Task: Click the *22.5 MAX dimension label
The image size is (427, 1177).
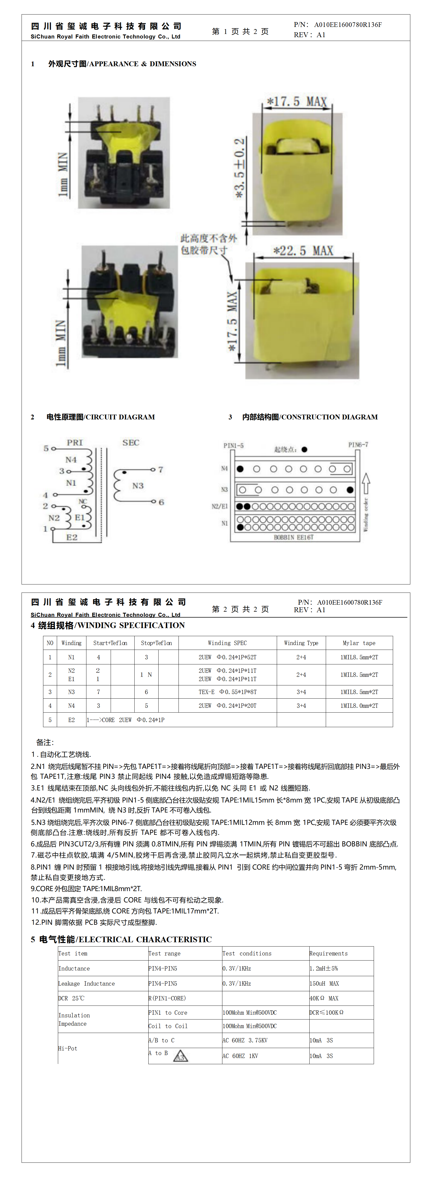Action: pos(303,251)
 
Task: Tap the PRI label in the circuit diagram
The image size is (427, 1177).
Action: pos(75,442)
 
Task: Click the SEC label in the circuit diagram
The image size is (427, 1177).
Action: pos(131,442)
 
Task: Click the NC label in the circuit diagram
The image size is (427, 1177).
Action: pos(82,501)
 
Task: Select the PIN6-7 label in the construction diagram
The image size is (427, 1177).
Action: pos(358,444)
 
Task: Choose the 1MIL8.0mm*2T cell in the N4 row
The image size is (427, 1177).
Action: pos(359,705)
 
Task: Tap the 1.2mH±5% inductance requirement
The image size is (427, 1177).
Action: pos(324,968)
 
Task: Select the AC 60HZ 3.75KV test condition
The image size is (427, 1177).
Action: pos(245,1040)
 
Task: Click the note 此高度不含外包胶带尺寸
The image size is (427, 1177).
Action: pos(208,244)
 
